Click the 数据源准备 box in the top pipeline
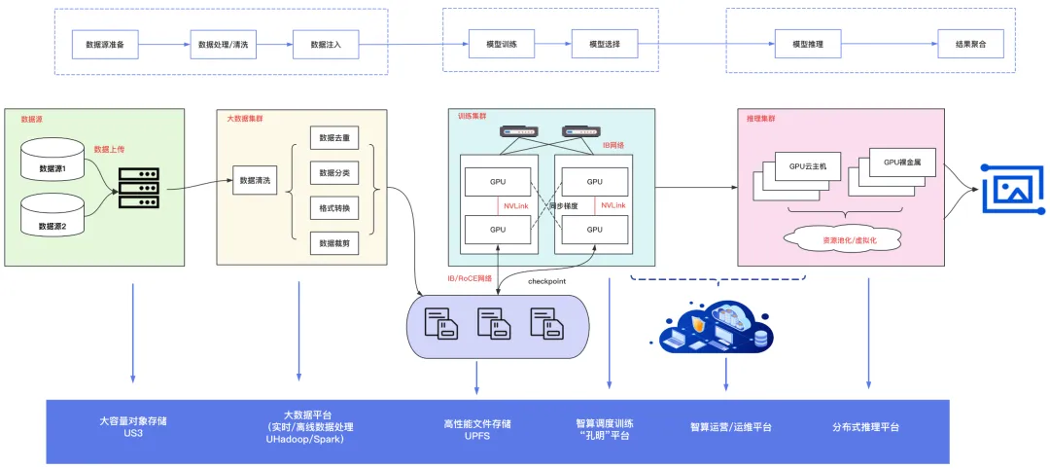pos(105,45)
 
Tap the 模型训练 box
pos(486,45)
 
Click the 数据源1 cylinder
pos(59,163)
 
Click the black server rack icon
pos(138,188)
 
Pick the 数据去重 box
pos(333,138)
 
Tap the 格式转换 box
pos(333,208)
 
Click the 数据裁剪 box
pos(333,244)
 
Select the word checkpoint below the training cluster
pos(547,281)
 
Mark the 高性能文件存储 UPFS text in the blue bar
pos(476,430)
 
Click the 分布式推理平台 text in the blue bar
pos(865,427)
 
